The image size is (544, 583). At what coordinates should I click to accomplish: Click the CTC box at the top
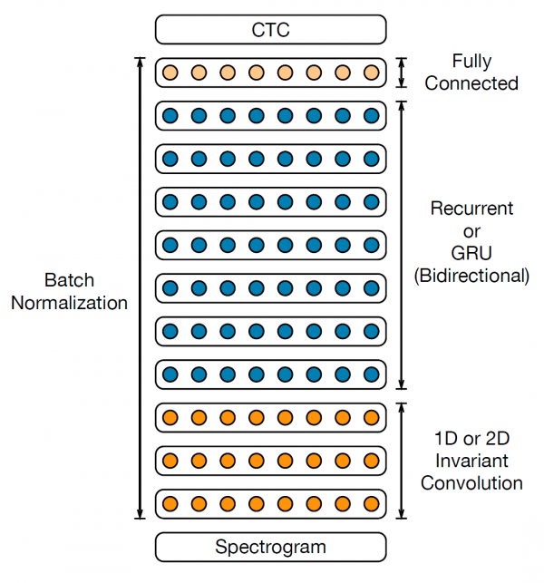(x=271, y=30)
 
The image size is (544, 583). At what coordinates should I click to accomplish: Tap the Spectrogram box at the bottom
(x=271, y=547)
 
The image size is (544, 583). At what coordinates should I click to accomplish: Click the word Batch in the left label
(x=69, y=280)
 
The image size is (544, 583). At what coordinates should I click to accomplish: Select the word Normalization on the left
(x=69, y=303)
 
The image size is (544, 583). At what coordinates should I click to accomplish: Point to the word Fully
(x=471, y=62)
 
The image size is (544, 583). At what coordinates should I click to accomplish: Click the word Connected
(x=471, y=83)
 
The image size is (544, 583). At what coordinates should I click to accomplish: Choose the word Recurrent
(x=471, y=209)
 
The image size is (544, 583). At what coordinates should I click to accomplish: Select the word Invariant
(x=471, y=461)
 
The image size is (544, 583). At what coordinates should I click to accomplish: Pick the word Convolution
(x=471, y=482)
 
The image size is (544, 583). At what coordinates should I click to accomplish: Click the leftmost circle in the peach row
(x=170, y=73)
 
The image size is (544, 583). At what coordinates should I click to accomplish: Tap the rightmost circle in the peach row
(x=371, y=73)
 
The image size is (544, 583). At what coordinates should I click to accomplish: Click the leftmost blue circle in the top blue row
(x=170, y=115)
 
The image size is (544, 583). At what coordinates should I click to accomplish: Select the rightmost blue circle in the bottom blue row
(x=371, y=374)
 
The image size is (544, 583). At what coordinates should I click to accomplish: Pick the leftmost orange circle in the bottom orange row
(x=170, y=502)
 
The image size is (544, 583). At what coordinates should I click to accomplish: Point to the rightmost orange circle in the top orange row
(x=371, y=417)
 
